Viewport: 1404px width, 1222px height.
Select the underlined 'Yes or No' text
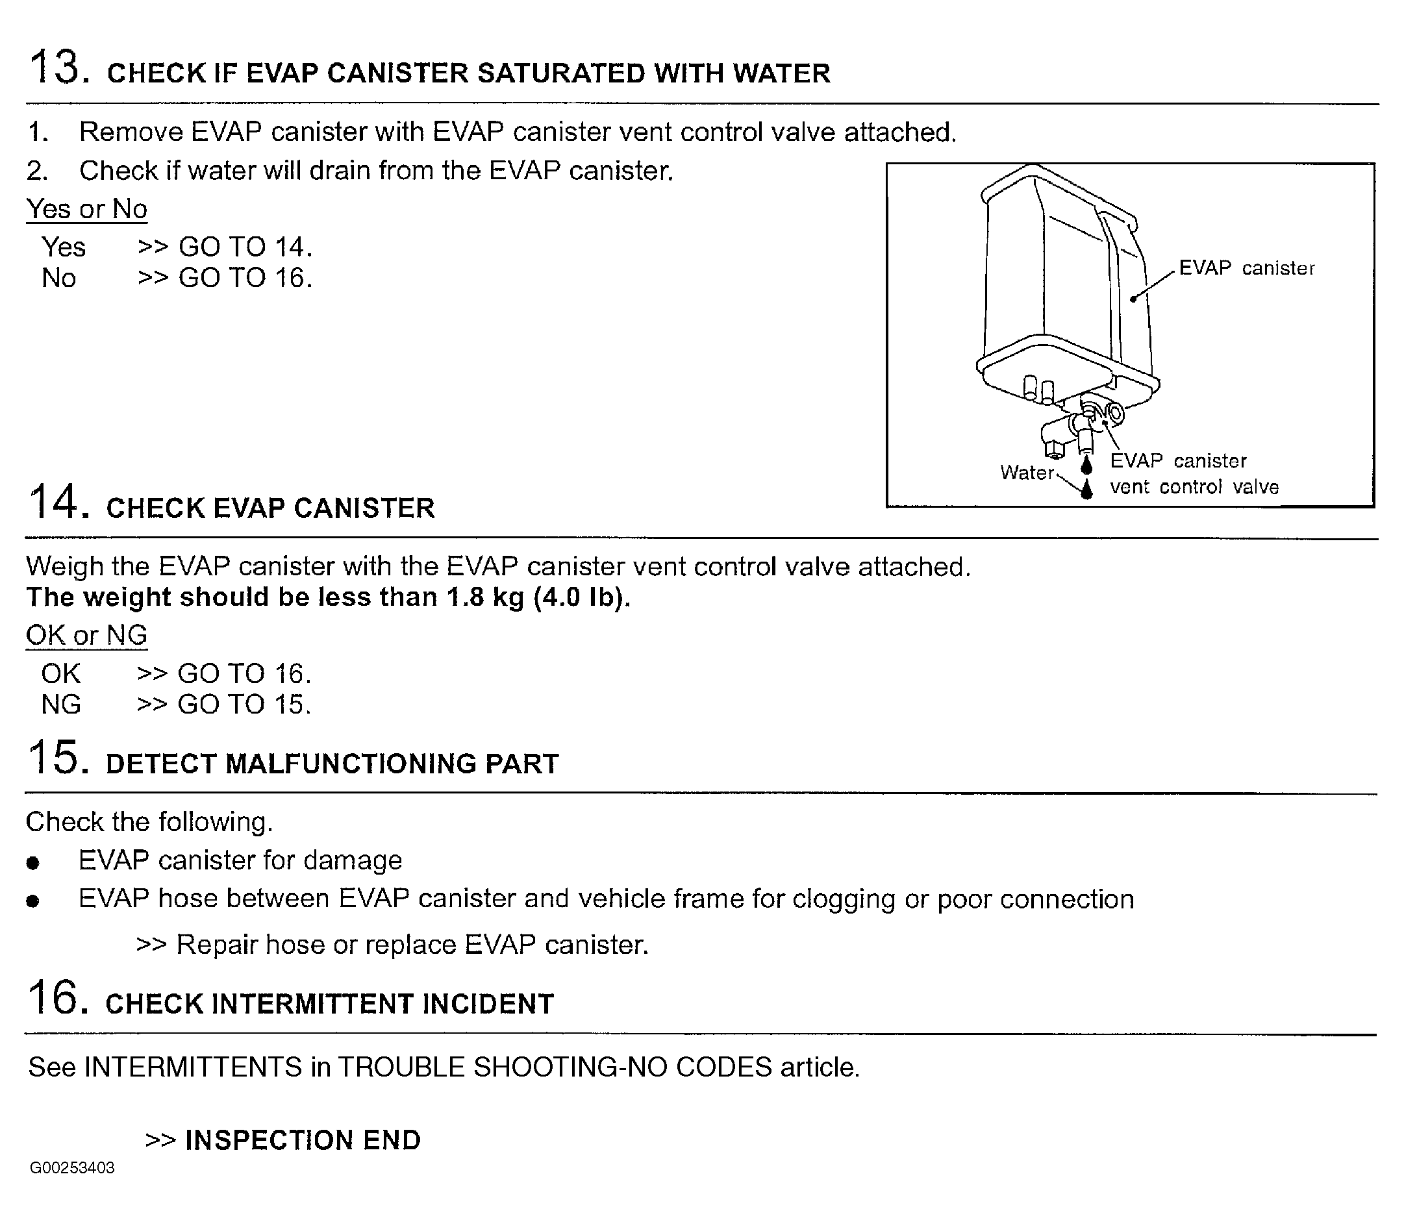point(86,208)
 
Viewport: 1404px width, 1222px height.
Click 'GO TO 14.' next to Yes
point(245,247)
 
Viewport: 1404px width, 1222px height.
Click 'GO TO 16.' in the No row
point(245,278)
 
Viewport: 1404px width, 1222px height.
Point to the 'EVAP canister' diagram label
point(1246,268)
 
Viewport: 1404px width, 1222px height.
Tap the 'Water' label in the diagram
point(1026,472)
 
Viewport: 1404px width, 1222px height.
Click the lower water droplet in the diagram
point(1087,488)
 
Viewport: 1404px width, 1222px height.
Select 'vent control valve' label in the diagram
point(1194,487)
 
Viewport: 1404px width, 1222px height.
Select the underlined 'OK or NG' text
point(86,636)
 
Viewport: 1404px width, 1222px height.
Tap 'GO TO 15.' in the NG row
point(244,705)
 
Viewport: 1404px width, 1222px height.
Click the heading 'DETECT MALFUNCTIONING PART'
point(332,764)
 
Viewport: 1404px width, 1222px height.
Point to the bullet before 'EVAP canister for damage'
point(32,864)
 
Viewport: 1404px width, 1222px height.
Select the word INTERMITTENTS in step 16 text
point(193,1067)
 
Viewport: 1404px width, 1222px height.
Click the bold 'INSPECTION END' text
point(303,1140)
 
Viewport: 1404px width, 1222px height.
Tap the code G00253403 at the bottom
point(72,1167)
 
